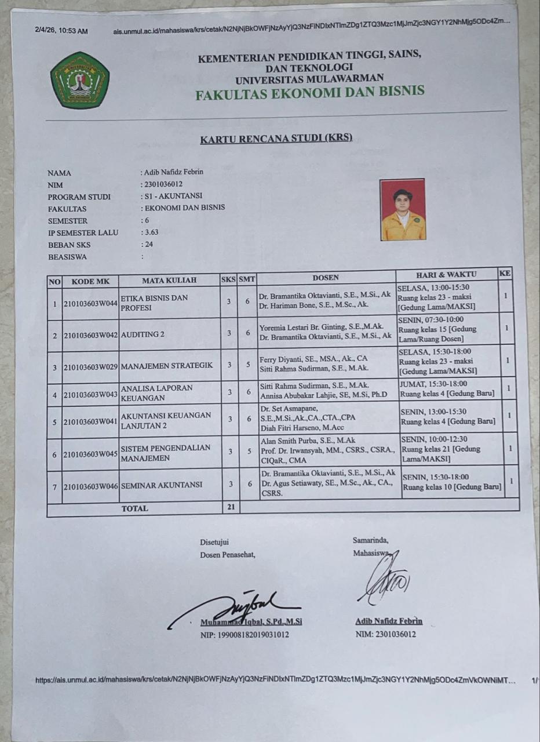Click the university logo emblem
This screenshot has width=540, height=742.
80,80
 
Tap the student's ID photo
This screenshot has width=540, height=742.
403,209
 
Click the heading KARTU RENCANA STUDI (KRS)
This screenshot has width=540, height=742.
276,139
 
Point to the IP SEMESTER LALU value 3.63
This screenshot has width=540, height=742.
151,232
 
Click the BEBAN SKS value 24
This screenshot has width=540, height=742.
149,244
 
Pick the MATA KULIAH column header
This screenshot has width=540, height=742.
169,280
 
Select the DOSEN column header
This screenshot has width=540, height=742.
326,277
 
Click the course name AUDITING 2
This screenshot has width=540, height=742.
143,334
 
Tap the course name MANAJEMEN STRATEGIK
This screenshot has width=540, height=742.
167,366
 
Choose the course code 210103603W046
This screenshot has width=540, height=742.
90,485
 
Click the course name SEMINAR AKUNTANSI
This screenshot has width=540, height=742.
162,485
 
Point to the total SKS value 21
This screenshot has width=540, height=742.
230,508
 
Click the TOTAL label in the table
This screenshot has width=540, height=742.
134,508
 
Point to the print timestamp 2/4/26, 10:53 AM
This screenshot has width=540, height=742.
61,31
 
